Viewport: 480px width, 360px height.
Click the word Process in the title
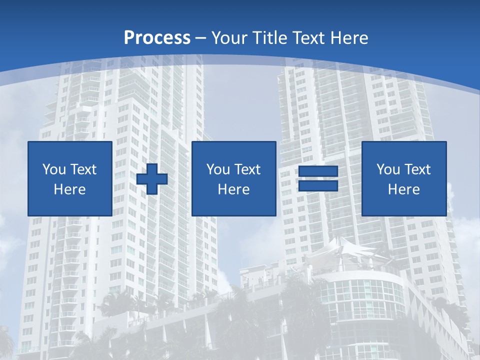(x=157, y=38)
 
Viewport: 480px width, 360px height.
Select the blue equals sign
(x=318, y=178)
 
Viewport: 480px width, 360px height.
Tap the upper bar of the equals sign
(x=318, y=172)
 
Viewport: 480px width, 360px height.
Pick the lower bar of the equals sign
(x=318, y=185)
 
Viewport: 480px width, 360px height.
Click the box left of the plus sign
(x=70, y=178)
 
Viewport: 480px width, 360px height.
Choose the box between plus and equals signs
(x=233, y=178)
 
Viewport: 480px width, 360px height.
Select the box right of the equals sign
(x=403, y=178)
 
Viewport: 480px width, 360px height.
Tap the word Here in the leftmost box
(x=70, y=189)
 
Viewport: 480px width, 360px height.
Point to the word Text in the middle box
(x=247, y=169)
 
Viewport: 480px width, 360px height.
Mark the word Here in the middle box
(x=233, y=189)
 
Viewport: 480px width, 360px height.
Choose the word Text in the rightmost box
(x=417, y=169)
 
